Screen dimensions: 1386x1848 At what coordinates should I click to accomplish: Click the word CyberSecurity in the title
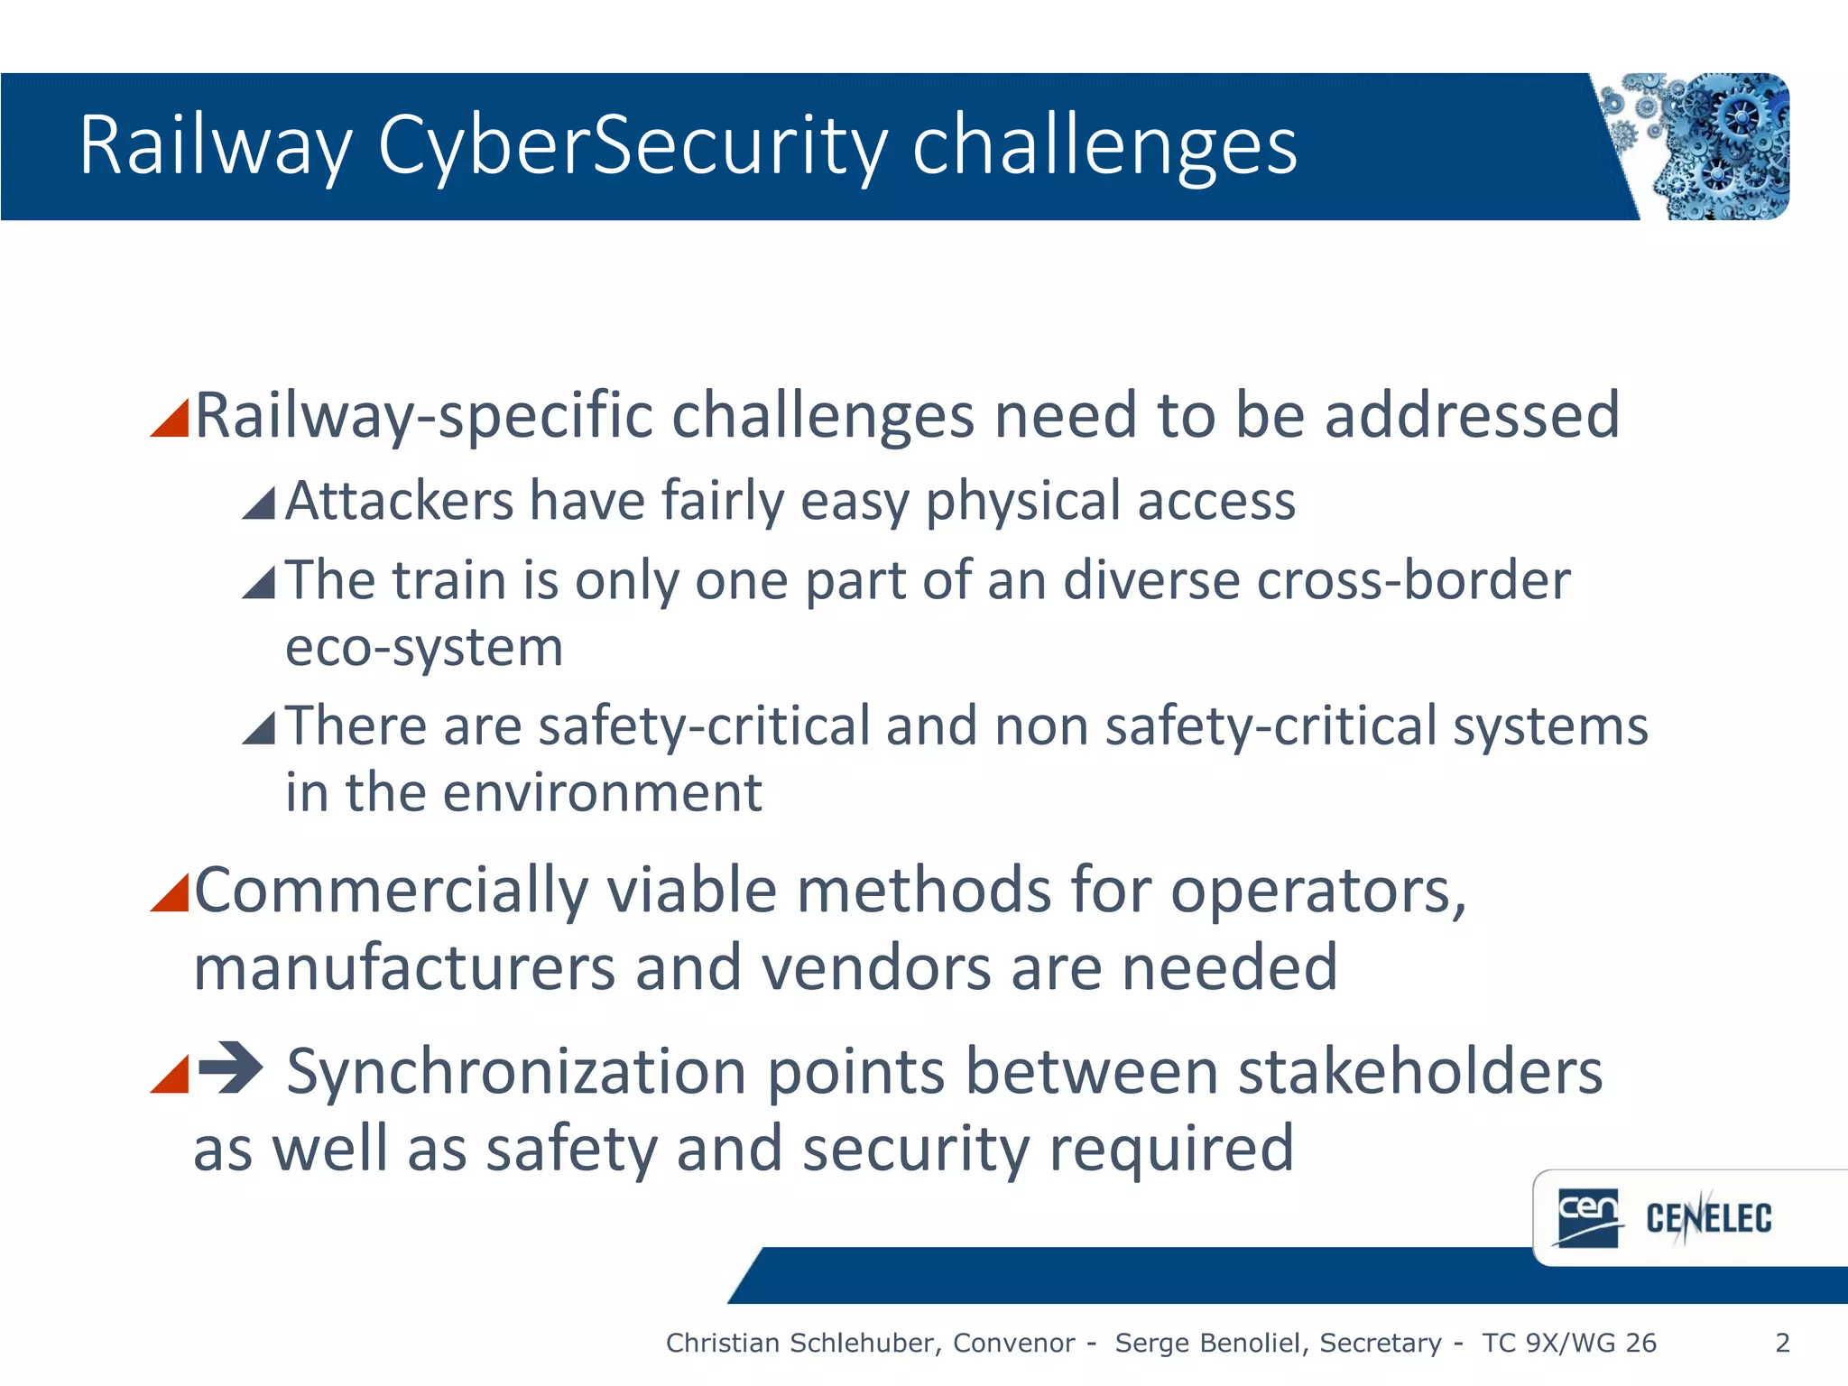(x=632, y=147)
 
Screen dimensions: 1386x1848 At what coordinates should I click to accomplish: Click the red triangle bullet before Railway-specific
(x=171, y=418)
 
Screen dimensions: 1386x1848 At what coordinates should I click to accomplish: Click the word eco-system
(x=424, y=648)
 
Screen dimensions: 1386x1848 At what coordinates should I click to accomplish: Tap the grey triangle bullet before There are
(x=259, y=728)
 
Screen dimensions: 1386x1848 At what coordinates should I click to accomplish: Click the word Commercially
(x=390, y=892)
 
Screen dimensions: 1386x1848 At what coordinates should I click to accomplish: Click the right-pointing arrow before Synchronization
(x=231, y=1068)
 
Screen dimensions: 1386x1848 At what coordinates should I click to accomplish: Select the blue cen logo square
(x=1588, y=1217)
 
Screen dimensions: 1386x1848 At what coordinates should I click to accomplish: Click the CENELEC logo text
(x=1708, y=1218)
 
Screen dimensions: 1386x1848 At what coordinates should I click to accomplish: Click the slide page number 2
(x=1782, y=1343)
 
